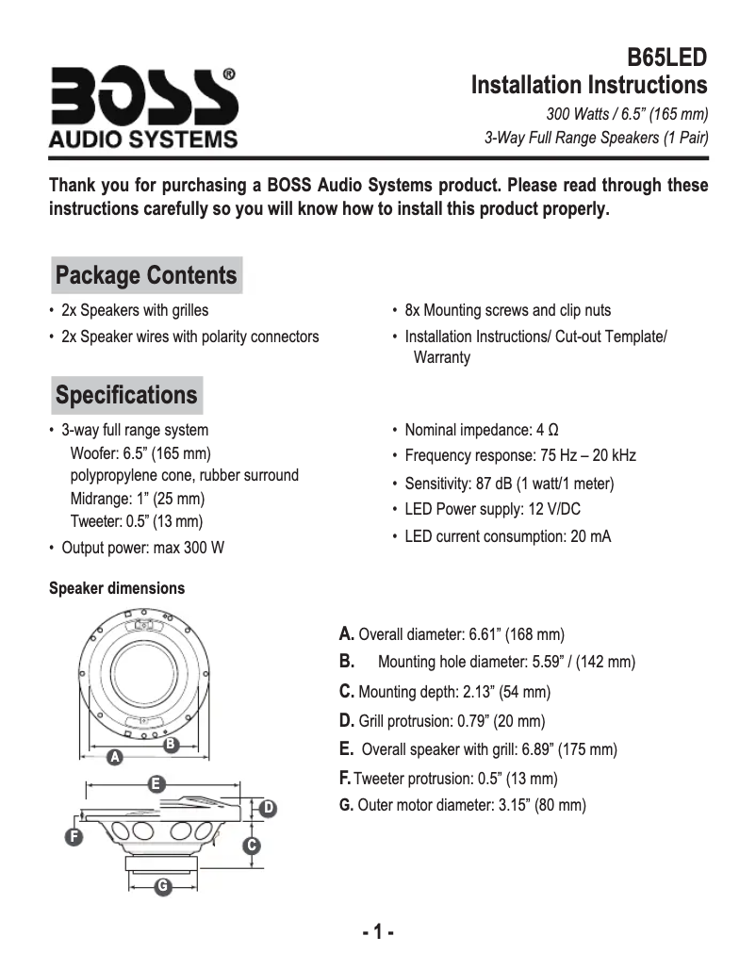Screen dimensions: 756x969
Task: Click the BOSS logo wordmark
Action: pos(144,96)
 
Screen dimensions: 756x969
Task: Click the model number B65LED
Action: pos(667,57)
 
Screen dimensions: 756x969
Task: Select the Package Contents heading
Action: pos(146,275)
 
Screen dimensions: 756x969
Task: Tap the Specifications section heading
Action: pos(126,395)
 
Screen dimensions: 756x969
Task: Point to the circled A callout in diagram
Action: pos(114,756)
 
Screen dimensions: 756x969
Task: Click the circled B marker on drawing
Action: pos(171,744)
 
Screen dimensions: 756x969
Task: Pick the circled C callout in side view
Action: pos(252,846)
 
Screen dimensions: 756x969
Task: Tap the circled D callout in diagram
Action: pos(268,809)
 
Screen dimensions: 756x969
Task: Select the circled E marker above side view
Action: pos(156,785)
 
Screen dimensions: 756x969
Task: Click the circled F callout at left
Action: pos(74,837)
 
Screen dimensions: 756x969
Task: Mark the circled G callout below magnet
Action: pos(162,887)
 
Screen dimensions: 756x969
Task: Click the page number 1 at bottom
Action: pos(378,931)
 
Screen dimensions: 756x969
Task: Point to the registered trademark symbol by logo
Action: pos(228,74)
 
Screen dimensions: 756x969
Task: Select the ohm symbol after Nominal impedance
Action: pos(553,430)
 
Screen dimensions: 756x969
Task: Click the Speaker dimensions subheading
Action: pos(117,588)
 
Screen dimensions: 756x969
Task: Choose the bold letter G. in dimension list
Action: pos(346,805)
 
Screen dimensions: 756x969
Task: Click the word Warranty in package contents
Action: pos(442,357)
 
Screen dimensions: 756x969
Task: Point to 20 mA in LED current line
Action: pos(591,536)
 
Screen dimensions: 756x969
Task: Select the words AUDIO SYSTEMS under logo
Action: pos(143,140)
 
